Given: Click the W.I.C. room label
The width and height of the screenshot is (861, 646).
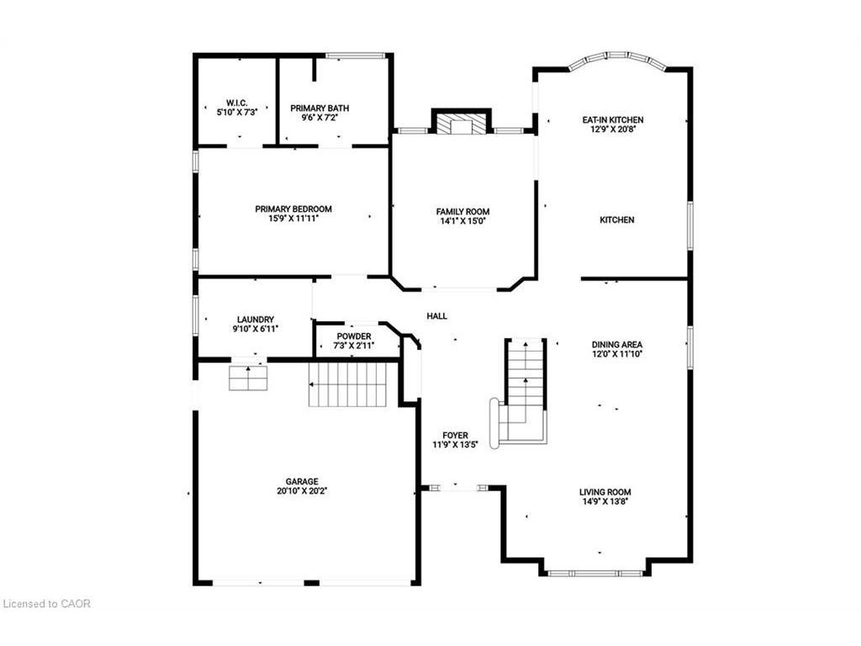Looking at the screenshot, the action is click(x=236, y=103).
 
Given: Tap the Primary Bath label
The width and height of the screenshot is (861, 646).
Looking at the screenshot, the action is click(x=320, y=109).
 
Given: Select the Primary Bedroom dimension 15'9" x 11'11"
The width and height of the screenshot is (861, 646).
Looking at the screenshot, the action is click(x=293, y=218).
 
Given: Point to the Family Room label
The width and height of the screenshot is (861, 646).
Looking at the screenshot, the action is click(x=463, y=211).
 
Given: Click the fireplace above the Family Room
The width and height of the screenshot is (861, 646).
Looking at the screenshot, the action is click(x=462, y=122).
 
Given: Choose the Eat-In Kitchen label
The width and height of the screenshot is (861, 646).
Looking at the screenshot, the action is click(x=613, y=119).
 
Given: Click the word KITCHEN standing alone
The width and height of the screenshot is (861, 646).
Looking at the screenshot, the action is click(x=616, y=220).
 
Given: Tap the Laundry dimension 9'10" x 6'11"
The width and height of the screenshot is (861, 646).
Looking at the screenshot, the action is click(x=256, y=329).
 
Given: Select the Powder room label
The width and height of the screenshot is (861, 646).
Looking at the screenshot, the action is click(x=354, y=336).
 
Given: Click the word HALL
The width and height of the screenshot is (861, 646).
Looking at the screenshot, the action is click(x=437, y=316).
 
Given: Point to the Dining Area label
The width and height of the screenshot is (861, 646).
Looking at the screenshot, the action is click(x=617, y=344).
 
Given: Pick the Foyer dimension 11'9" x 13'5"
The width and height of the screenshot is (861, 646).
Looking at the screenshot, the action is click(x=455, y=445).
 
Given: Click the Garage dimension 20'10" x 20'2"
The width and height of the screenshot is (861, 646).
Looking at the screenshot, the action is click(x=302, y=491).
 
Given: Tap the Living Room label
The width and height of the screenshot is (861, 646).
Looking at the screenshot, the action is click(x=605, y=492).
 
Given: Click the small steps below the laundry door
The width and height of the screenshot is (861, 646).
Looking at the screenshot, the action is click(x=248, y=378).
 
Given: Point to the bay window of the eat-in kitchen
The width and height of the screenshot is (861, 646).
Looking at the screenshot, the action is click(x=617, y=60).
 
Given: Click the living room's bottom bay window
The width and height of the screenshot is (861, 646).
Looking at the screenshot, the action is click(x=595, y=573).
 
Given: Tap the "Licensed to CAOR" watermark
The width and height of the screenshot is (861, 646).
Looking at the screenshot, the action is click(x=47, y=604).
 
